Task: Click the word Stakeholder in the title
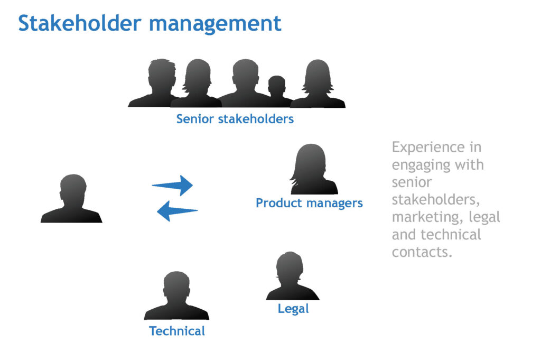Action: coord(80,23)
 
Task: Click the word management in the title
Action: coord(216,25)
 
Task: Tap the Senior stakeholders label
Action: coord(235,119)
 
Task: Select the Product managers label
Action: coord(309,203)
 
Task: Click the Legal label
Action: coord(293,309)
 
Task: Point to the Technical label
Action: coord(177,331)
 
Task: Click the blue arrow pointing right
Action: coord(172,186)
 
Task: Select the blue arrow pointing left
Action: coord(178,210)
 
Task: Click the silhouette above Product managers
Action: coord(313,169)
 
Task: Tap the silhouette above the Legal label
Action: coord(292,276)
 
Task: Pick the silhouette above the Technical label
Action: coord(176,296)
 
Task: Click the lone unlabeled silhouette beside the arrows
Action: coord(72,198)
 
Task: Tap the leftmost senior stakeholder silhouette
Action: coord(156,83)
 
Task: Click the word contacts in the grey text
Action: coord(422,252)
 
